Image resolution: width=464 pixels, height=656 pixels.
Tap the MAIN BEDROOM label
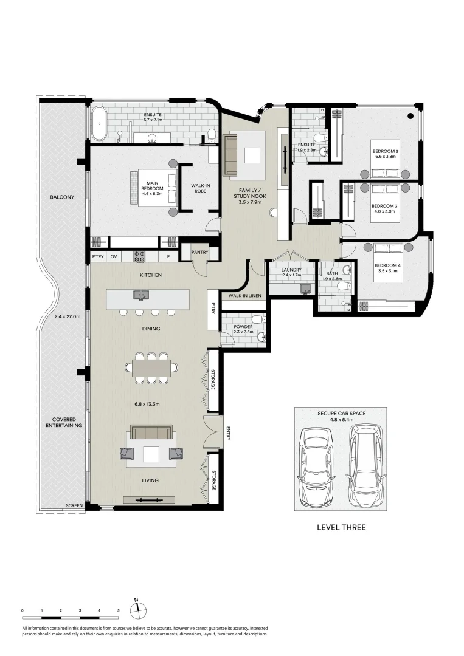(152, 186)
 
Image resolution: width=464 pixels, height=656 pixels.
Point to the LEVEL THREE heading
(341, 528)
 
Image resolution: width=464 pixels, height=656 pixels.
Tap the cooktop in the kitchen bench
(139, 256)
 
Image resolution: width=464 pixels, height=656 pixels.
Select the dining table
(151, 367)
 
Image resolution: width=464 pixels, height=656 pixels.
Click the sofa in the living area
(151, 432)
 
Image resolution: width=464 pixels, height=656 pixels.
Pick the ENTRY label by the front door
(228, 433)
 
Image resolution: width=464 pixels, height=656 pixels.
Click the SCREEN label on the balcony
(74, 505)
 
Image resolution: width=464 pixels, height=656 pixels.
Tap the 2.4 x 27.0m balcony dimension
(67, 316)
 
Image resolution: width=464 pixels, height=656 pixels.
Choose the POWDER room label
(243, 327)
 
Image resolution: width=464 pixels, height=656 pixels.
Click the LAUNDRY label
(291, 270)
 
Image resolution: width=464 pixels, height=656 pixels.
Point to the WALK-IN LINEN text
(244, 296)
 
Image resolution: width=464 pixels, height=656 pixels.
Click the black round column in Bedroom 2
(411, 116)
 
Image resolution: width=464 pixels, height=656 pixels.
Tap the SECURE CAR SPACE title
(341, 414)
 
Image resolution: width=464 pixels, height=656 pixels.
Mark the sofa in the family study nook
(231, 154)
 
